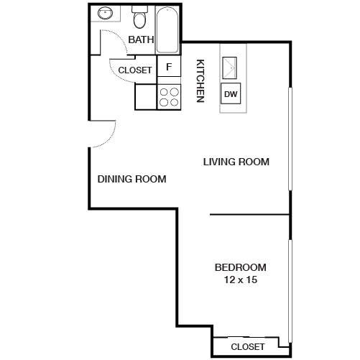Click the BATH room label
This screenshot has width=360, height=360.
[x=141, y=40]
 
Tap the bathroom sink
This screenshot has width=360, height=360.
[x=104, y=14]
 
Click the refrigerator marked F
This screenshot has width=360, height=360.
[x=168, y=68]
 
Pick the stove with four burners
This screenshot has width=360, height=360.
[x=168, y=97]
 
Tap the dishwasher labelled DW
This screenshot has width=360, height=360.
[x=231, y=94]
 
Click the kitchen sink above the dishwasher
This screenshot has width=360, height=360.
[x=231, y=69]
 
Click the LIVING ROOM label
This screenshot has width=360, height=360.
[x=236, y=162]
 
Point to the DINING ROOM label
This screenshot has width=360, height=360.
[x=131, y=179]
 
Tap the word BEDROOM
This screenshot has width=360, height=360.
[x=241, y=267]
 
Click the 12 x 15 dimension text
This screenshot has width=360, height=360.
[x=241, y=280]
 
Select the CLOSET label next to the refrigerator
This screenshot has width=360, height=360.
[x=135, y=70]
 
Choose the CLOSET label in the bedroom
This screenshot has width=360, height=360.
[x=248, y=347]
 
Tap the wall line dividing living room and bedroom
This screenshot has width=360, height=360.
[x=249, y=214]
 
